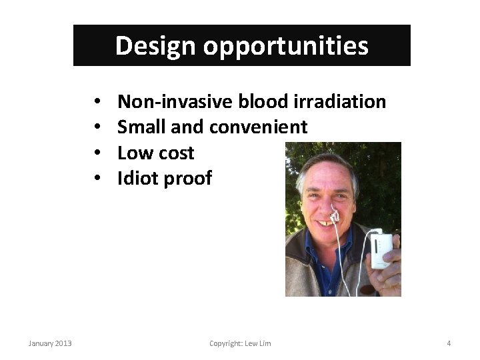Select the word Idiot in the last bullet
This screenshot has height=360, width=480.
click(138, 178)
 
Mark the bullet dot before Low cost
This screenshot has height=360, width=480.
click(97, 153)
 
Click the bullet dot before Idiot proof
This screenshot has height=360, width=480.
click(97, 179)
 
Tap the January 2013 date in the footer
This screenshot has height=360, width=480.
click(50, 343)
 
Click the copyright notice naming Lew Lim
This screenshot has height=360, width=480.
click(240, 343)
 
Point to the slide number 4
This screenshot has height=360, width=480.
click(449, 343)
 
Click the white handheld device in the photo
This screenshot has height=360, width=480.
click(382, 248)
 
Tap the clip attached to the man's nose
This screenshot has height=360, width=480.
click(336, 216)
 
